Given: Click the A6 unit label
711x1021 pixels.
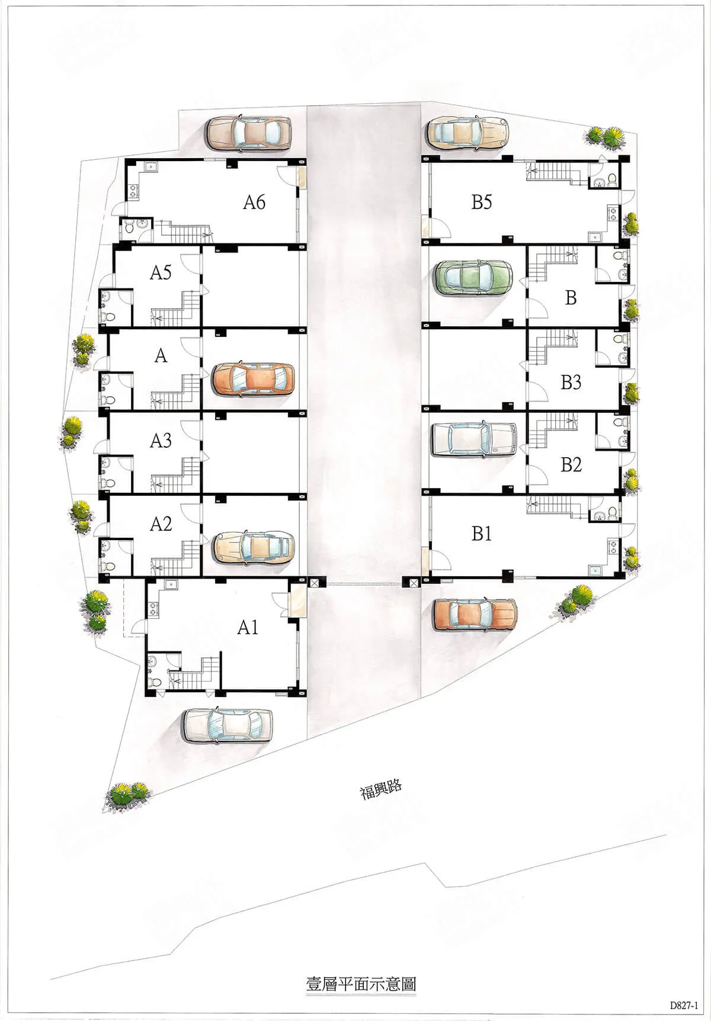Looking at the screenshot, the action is click(x=254, y=203).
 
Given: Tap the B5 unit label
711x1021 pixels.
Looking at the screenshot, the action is click(x=482, y=203).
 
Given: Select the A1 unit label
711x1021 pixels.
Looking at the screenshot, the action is click(x=248, y=627).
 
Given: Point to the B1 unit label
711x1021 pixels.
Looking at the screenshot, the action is click(x=482, y=534).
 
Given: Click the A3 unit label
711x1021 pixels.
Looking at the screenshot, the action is click(x=161, y=441).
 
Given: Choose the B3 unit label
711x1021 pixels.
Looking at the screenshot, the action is click(x=571, y=383).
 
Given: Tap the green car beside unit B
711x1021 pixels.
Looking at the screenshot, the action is click(x=473, y=278).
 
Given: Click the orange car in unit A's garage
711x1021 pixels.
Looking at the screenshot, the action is click(x=253, y=379).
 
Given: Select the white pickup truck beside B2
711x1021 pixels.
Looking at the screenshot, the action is click(x=475, y=439).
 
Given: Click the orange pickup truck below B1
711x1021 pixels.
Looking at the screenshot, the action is click(x=475, y=614).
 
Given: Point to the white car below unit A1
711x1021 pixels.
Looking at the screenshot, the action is click(x=228, y=724).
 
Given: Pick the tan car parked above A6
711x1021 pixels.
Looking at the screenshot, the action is click(x=249, y=133).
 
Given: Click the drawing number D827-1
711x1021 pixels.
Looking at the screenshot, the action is click(x=684, y=1005).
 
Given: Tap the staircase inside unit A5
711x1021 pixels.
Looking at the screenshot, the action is click(x=175, y=309).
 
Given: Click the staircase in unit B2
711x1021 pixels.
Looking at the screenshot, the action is click(x=553, y=431).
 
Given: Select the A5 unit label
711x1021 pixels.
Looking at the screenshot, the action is click(x=161, y=272).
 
